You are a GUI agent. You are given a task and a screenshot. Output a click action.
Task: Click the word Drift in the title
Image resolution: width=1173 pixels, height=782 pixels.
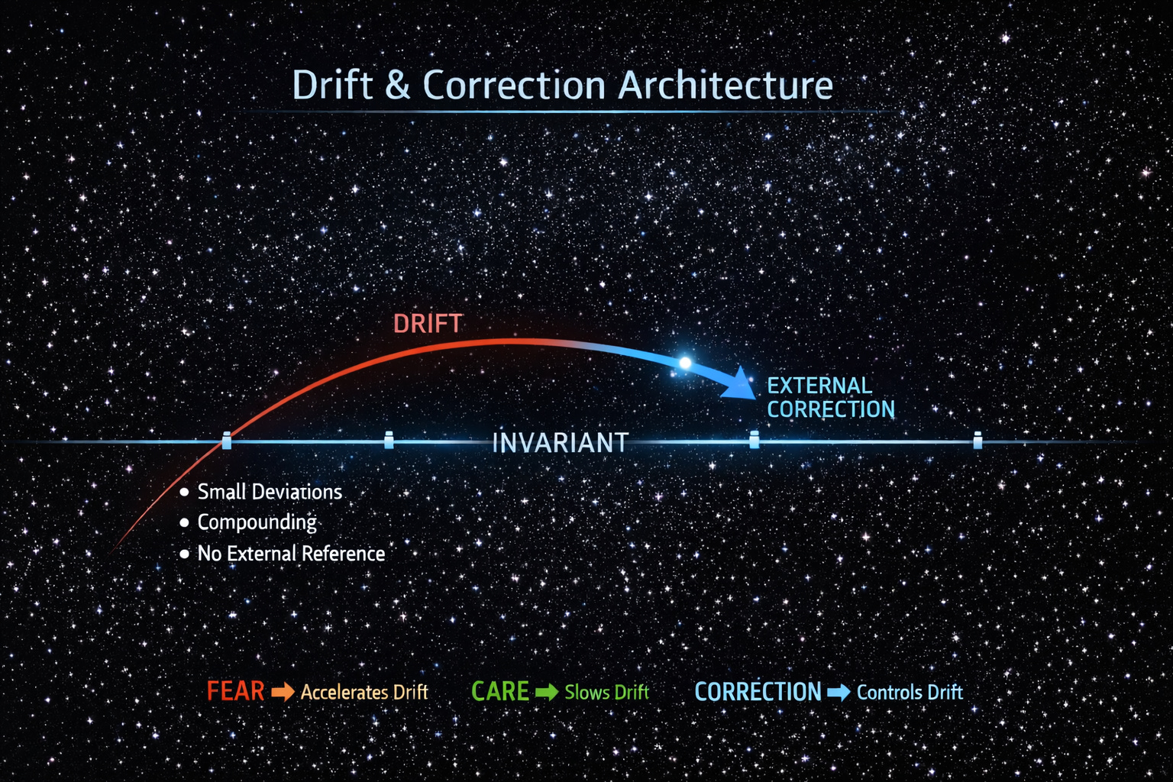coord(332,85)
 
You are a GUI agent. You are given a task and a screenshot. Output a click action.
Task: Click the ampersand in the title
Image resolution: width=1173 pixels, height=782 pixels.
coord(397,85)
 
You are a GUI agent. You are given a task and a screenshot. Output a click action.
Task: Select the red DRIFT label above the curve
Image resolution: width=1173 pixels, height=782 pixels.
coord(428,324)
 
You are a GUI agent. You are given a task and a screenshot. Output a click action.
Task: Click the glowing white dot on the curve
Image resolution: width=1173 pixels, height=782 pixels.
coord(685,363)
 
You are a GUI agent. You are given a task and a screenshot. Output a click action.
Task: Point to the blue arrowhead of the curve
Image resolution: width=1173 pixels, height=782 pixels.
coord(740,383)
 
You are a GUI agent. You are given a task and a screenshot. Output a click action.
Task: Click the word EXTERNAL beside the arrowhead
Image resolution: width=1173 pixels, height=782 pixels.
coord(819,386)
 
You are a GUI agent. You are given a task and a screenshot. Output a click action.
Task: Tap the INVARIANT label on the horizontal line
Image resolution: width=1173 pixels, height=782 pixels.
coord(560,443)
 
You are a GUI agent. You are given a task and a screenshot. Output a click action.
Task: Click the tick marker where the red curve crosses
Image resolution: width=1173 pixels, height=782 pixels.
coord(226,441)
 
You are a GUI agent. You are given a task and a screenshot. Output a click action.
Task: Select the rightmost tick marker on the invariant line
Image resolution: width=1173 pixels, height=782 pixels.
coord(977,440)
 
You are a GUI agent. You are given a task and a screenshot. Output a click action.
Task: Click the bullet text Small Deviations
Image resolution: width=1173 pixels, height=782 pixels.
coord(270,492)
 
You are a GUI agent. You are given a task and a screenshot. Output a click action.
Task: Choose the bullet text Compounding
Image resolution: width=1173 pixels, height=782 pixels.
coord(257,522)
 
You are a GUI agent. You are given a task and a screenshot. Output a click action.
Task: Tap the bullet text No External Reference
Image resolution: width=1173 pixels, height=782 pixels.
coord(291,554)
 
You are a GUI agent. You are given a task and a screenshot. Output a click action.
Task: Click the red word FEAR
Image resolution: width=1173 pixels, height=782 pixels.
coord(235,692)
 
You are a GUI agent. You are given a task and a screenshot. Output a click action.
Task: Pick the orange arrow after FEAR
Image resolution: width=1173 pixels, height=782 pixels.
coord(283,693)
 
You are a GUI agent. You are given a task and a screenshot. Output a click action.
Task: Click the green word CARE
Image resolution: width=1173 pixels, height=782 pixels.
coord(500,692)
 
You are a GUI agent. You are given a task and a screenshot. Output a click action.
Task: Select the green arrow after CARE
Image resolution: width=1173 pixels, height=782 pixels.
coord(547,693)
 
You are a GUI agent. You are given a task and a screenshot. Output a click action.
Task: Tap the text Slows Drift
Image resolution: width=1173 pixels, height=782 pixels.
coord(606,693)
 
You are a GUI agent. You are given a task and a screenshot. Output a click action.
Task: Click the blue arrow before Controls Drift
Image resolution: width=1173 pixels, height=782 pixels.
coord(839,693)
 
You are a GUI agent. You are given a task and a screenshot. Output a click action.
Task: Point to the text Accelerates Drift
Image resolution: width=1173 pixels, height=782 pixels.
coord(364,693)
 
